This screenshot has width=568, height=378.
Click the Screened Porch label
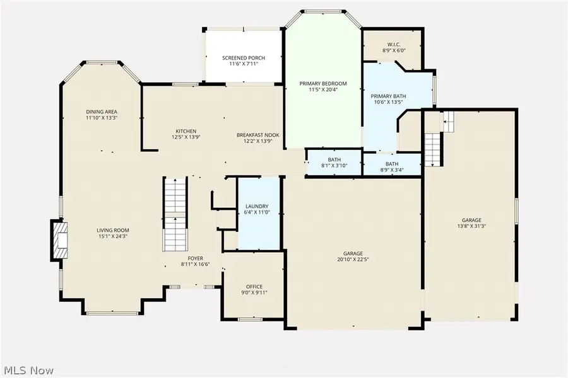[243, 58]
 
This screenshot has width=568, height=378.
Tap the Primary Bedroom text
[323, 83]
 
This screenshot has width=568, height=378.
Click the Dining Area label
[102, 112]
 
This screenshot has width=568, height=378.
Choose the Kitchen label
[186, 131]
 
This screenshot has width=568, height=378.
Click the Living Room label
[112, 230]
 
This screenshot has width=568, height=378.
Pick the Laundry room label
[257, 206]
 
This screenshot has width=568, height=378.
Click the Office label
[254, 287]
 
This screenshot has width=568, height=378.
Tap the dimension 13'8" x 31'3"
[471, 226]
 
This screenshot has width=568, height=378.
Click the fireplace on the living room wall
[59, 240]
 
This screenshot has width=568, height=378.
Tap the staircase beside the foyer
[175, 214]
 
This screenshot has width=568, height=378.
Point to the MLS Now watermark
[29, 370]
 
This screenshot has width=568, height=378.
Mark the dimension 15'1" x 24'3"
[112, 236]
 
